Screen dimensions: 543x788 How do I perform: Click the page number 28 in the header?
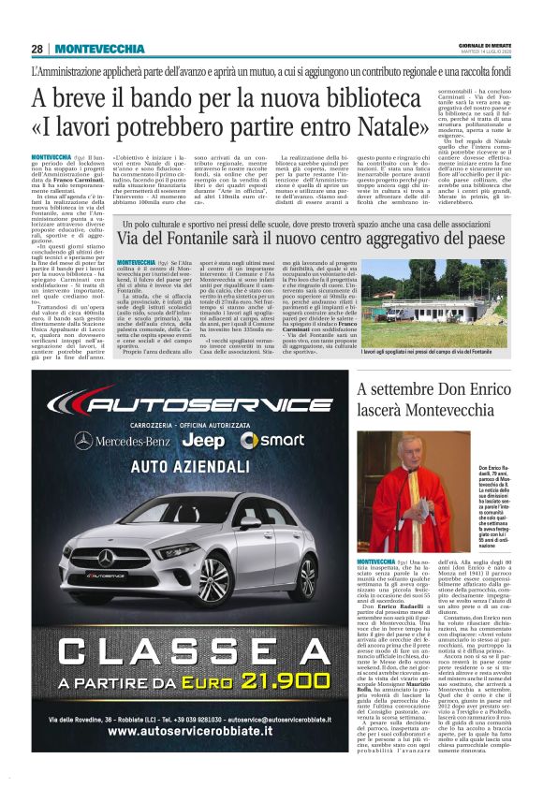coord(37,49)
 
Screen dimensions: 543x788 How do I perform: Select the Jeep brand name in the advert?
coord(202,441)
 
